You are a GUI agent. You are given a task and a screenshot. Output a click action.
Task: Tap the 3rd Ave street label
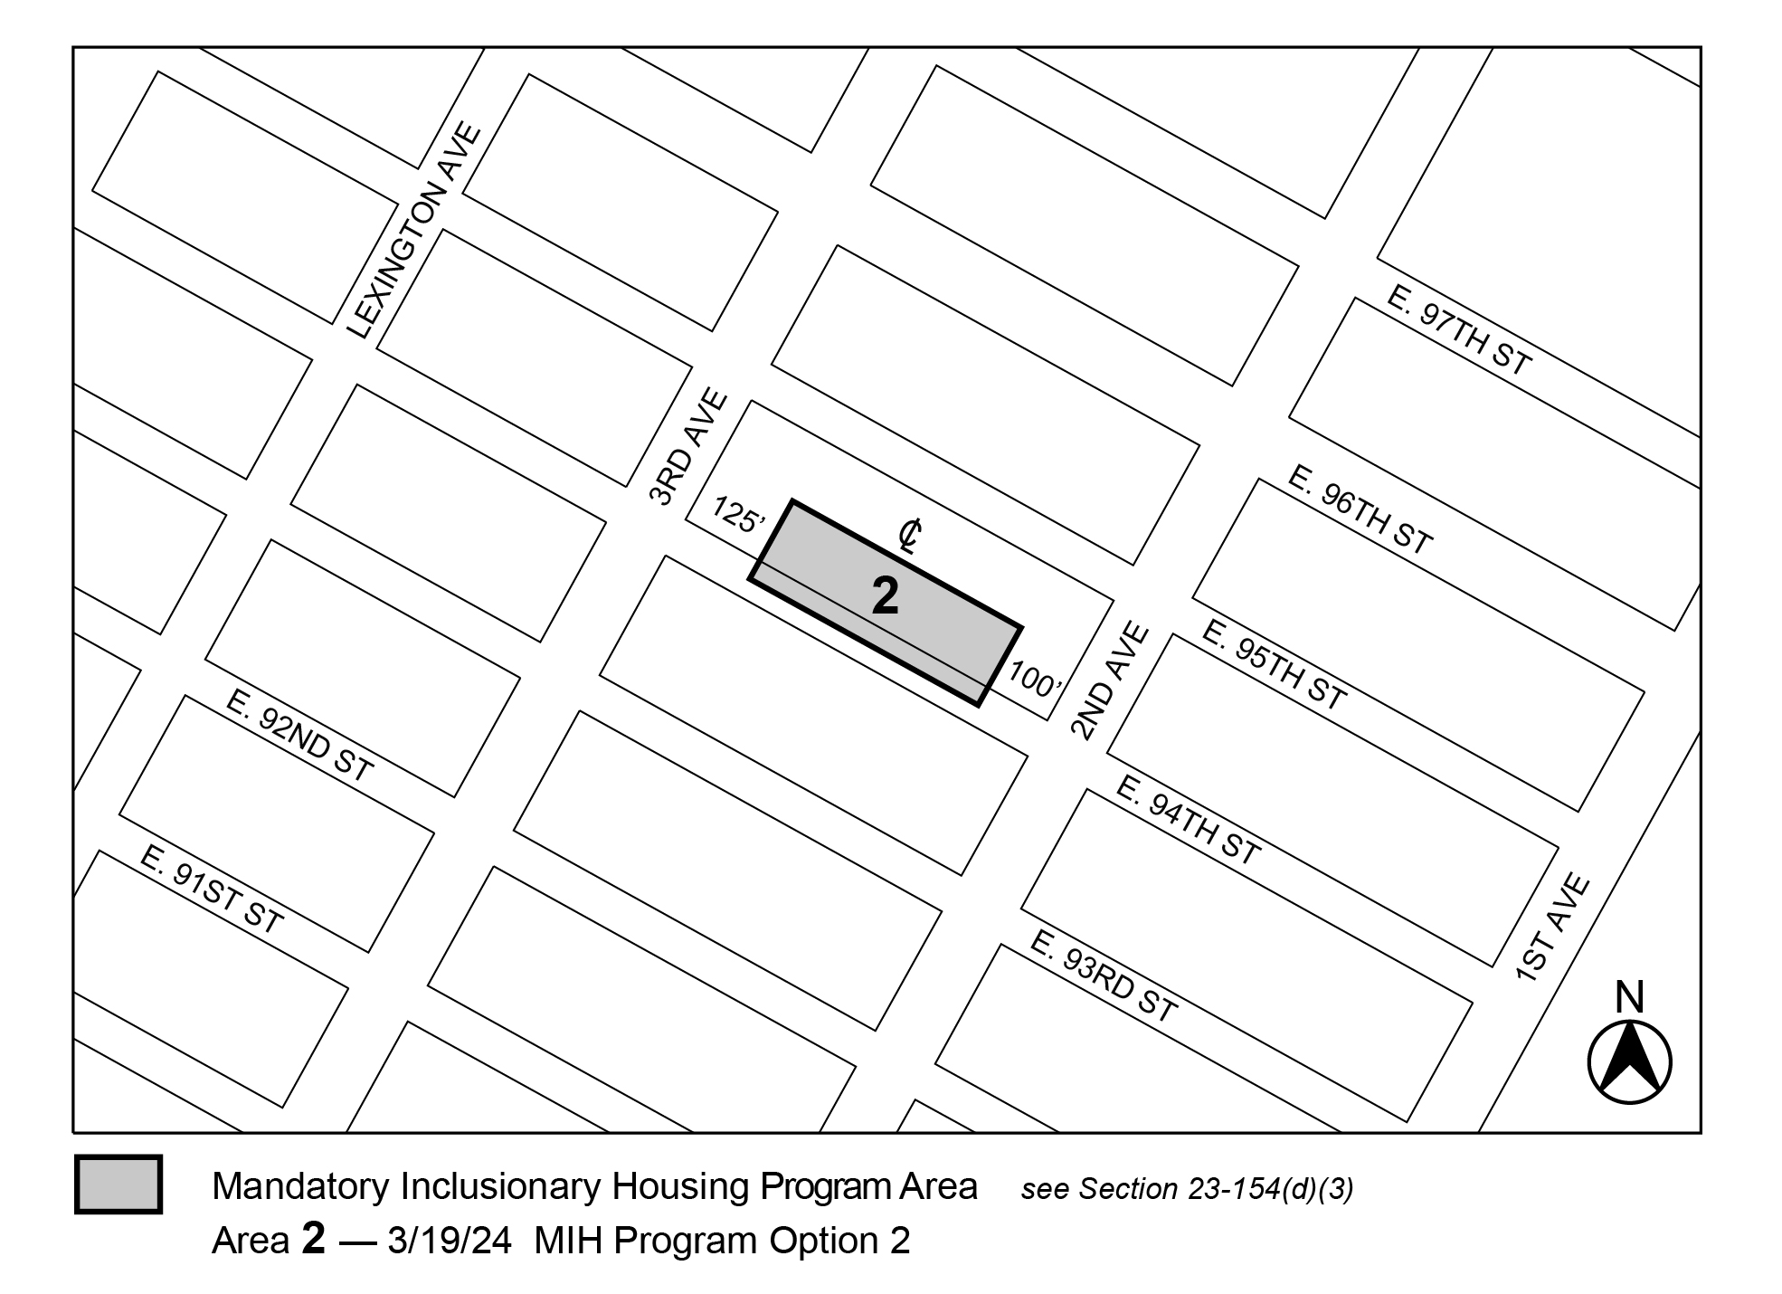pyautogui.click(x=688, y=447)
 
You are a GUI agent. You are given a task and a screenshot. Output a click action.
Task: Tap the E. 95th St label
pyautogui.click(x=1274, y=664)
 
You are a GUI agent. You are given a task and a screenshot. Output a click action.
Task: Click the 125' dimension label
pyautogui.click(x=739, y=515)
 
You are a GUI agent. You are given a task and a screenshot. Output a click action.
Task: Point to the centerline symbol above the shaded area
pyautogui.click(x=910, y=536)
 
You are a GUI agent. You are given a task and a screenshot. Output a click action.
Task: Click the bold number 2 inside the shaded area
pyautogui.click(x=885, y=597)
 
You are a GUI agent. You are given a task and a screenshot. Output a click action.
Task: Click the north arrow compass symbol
pyautogui.click(x=1629, y=1062)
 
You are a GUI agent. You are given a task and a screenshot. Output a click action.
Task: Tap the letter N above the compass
pyautogui.click(x=1629, y=997)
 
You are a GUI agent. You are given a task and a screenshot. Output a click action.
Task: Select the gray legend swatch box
pyautogui.click(x=118, y=1184)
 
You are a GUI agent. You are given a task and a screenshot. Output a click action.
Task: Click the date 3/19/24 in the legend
pyautogui.click(x=450, y=1241)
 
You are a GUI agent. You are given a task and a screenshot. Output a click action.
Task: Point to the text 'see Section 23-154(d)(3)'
pyautogui.click(x=1187, y=1190)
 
